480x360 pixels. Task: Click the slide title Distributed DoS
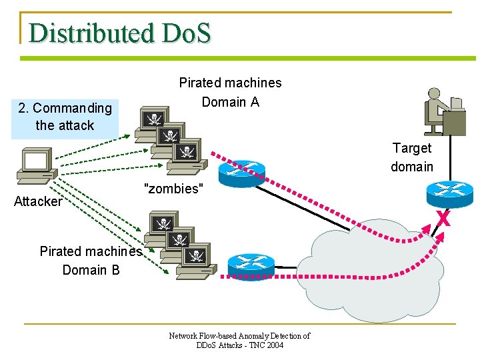click(x=120, y=33)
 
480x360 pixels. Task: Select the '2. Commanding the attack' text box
click(x=65, y=117)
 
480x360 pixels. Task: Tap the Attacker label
click(x=38, y=201)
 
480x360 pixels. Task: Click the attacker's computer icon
click(x=36, y=166)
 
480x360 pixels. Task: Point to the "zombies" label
click(x=173, y=189)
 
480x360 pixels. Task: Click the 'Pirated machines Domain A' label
click(x=230, y=92)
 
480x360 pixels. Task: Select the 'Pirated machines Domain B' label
click(x=91, y=261)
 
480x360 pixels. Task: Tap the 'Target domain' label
click(x=411, y=157)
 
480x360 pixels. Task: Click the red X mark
click(x=443, y=217)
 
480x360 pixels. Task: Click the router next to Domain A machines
click(x=245, y=172)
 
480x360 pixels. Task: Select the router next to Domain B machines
click(x=250, y=265)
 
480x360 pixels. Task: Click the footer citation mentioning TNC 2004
click(x=239, y=341)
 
